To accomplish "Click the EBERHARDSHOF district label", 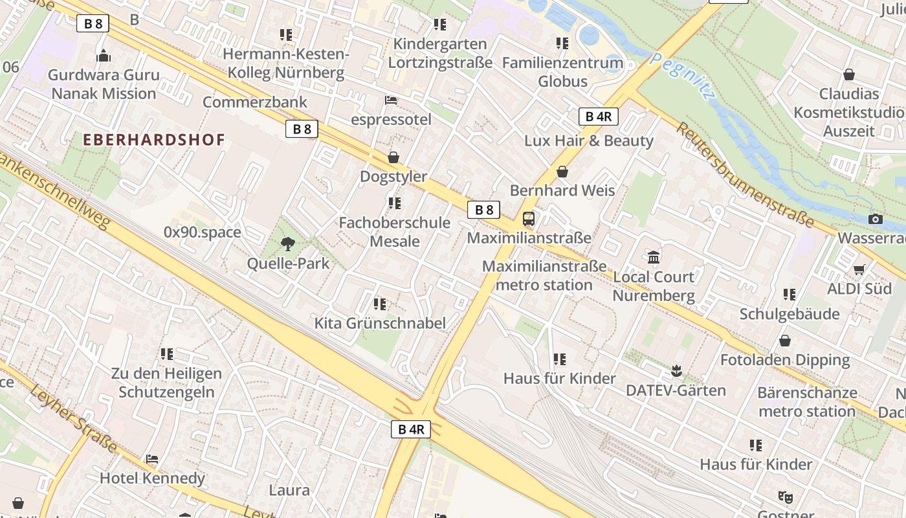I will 154,139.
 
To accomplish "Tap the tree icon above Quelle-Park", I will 288,244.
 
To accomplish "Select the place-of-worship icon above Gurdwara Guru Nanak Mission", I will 104,56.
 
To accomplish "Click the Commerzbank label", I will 255,102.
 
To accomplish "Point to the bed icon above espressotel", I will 391,100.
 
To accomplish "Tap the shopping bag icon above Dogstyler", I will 393,157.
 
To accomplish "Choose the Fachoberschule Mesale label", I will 395,232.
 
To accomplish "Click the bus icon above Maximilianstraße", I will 529,219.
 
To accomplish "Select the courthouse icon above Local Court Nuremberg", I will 654,258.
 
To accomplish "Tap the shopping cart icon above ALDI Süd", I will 859,269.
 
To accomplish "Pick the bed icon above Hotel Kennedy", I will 152,459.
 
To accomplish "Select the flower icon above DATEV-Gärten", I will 676,371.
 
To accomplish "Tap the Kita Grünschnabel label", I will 380,323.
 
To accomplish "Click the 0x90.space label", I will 202,232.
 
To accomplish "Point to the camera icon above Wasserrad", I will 876,220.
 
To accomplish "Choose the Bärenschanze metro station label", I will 807,402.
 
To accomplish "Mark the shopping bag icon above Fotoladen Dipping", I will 785,341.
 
